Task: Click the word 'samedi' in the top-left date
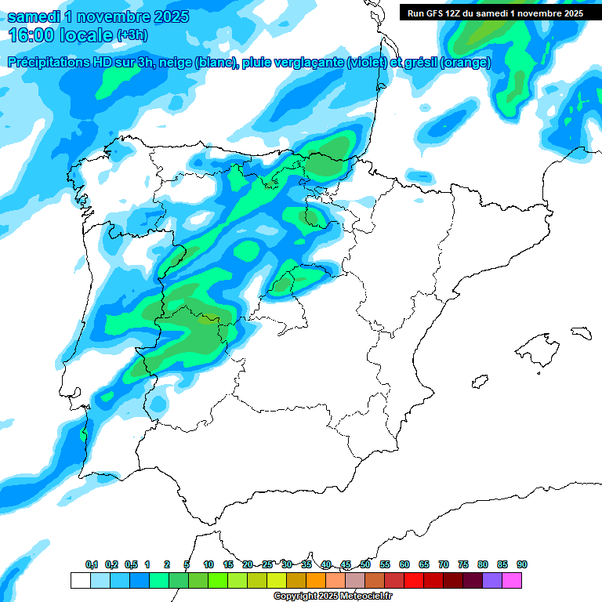click(x=32, y=16)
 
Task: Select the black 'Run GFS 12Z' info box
click(x=495, y=13)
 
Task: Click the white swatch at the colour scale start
click(x=80, y=580)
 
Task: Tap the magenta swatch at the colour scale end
click(x=511, y=580)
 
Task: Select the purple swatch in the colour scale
click(x=491, y=580)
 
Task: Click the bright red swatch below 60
click(x=413, y=580)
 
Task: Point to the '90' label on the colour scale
click(x=521, y=564)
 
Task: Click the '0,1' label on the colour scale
click(x=92, y=564)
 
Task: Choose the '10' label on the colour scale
click(x=208, y=564)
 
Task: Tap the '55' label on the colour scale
click(x=384, y=564)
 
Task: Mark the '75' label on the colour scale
click(x=462, y=564)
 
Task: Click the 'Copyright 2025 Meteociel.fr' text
click(x=332, y=597)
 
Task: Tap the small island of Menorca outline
click(x=580, y=332)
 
